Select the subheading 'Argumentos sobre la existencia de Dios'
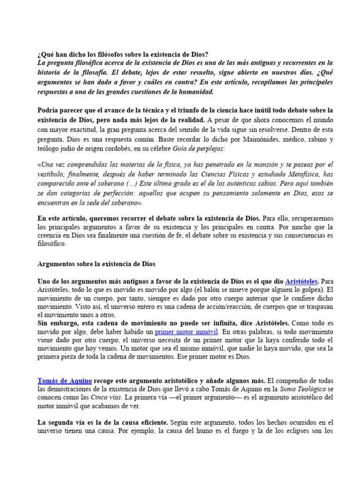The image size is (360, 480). click(96, 264)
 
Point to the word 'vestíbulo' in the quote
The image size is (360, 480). click(51, 173)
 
